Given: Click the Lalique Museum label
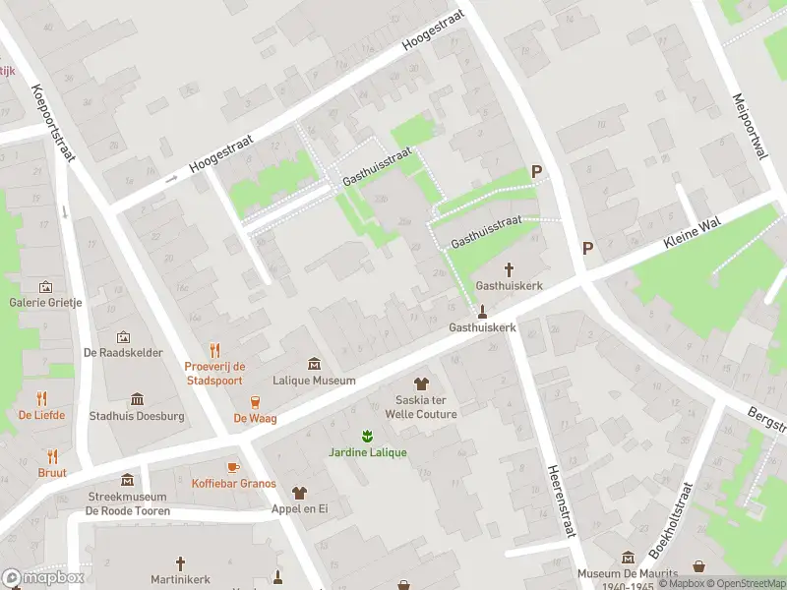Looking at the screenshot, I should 314,381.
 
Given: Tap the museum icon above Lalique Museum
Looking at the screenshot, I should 314,364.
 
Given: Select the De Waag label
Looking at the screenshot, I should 254,418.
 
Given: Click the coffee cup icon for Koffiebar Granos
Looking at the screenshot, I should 233,467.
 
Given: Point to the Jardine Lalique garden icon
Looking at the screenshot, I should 367,436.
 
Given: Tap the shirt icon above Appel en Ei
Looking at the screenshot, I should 299,493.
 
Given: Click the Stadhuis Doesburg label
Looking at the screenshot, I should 137,416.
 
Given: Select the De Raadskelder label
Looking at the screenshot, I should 123,353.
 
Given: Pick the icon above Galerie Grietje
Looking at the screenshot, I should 45,286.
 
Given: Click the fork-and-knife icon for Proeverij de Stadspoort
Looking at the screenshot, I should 214,350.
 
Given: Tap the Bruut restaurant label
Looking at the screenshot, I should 53,473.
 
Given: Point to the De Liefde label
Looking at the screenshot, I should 41,415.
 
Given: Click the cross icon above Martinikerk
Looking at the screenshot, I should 179,563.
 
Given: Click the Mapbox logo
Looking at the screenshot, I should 43,577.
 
